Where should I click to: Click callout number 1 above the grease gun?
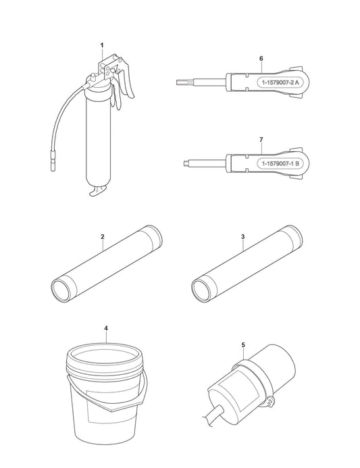pos(102,45)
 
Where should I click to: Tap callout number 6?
pos(261,59)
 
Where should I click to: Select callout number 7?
pos(261,140)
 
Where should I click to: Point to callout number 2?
pos(103,236)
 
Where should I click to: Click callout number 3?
pos(242,236)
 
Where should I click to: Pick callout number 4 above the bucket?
pos(106,328)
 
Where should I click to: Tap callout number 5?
pos(243,345)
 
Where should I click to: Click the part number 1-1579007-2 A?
pos(280,82)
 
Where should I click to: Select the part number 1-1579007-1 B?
pos(280,163)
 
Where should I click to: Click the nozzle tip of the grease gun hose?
pos(53,169)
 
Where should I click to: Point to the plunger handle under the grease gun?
pos(97,190)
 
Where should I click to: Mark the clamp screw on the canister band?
pos(270,402)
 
